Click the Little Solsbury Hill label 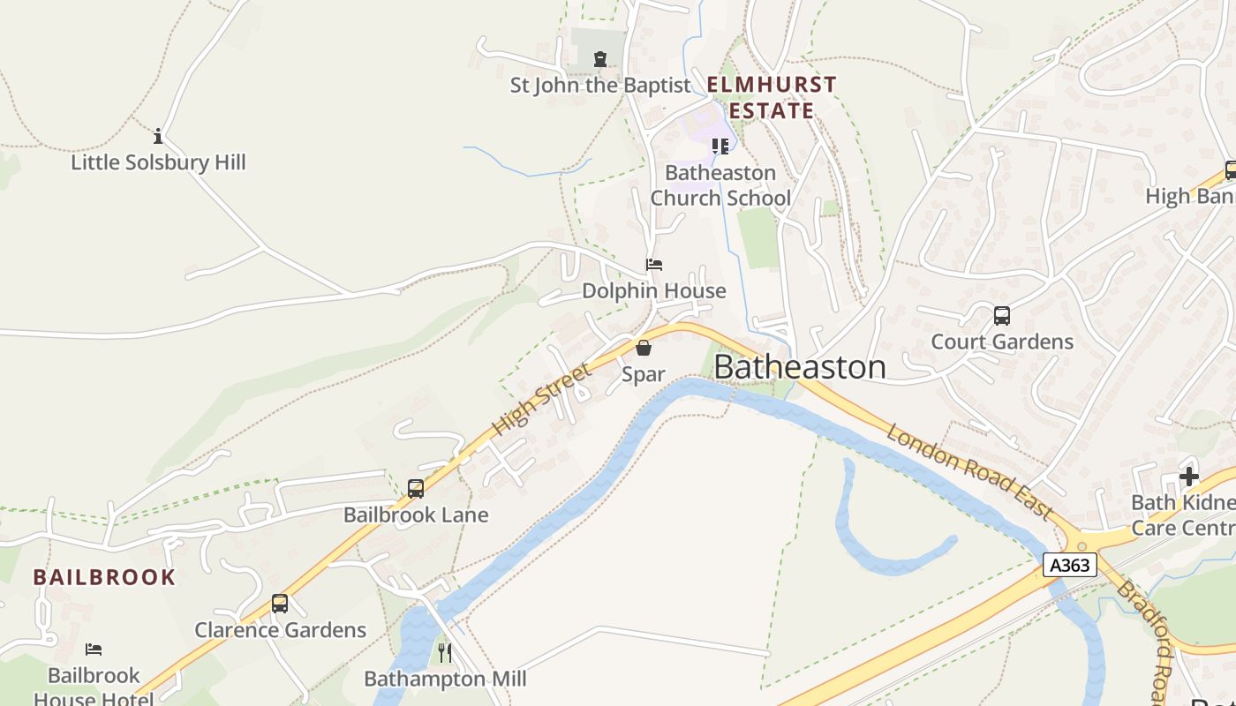point(158,162)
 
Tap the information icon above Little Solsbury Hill point(158,136)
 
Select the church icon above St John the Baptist point(600,59)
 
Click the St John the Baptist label point(600,86)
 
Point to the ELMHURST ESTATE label point(772,98)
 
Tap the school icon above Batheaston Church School point(720,146)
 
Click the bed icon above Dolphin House point(653,265)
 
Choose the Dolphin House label point(653,291)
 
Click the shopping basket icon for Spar point(644,348)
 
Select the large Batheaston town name point(799,367)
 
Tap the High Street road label point(541,400)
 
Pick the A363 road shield point(1069,565)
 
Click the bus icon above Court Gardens point(1002,316)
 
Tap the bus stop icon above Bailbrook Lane point(415,488)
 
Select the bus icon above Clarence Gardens point(280,604)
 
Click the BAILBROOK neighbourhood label point(104,578)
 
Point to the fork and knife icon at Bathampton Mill point(445,653)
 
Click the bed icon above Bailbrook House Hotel point(94,650)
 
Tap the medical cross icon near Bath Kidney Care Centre point(1189,477)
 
